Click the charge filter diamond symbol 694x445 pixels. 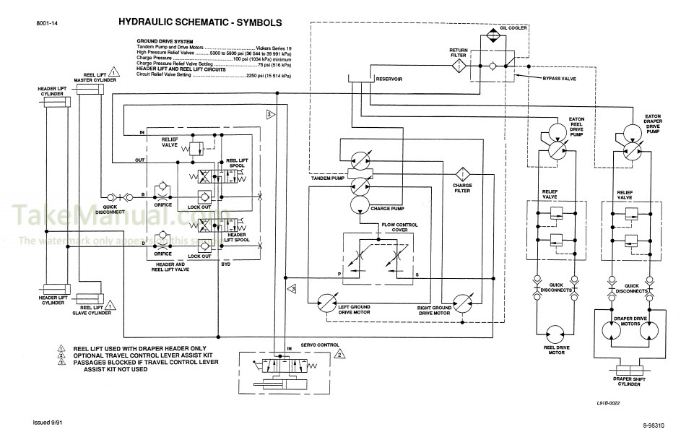click(462, 174)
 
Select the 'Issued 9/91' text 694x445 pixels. click(50, 423)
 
